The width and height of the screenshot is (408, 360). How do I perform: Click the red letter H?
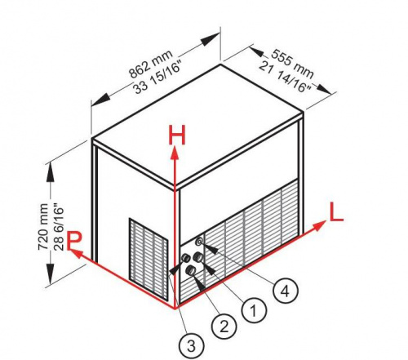177,135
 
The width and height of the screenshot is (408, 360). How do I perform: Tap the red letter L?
336,212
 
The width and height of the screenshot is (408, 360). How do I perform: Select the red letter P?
74,240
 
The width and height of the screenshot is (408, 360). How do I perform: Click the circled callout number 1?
254,309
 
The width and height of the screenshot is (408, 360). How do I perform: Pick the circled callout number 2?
224,327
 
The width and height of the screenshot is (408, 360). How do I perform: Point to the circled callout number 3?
192,346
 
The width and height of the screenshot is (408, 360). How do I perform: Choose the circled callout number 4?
286,291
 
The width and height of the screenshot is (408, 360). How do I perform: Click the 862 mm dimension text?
151,64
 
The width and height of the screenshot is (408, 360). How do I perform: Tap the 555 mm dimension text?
292,63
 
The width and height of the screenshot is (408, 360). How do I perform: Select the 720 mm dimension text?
43,226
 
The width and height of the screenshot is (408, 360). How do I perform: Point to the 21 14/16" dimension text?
285,78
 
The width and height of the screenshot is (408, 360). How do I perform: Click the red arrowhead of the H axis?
175,153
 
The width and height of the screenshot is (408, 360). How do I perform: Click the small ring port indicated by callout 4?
200,241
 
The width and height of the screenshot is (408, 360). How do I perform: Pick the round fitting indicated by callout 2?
190,270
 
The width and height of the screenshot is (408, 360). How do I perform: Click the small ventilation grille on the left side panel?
149,259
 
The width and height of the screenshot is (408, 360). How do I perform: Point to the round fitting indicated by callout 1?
197,257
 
